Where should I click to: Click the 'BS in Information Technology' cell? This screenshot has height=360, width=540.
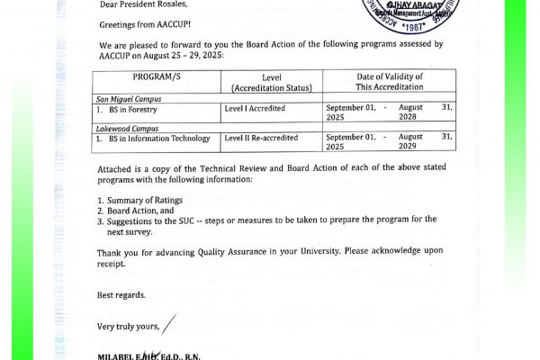(x=158, y=139)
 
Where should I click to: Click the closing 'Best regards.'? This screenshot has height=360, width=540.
(x=121, y=295)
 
